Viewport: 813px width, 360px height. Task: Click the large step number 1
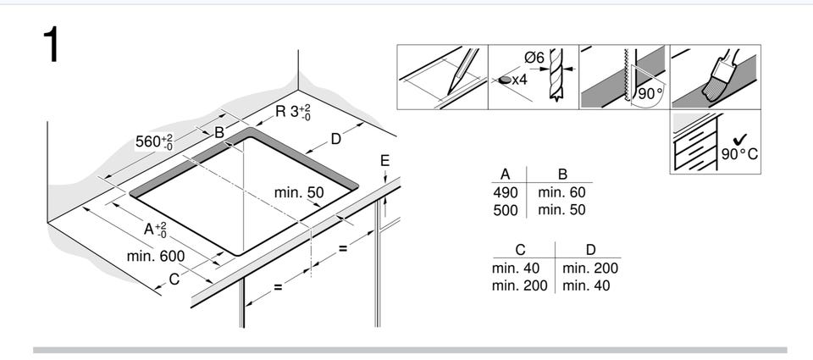(x=51, y=45)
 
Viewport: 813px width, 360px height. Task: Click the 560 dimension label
(x=154, y=141)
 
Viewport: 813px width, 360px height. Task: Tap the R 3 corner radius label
(x=293, y=112)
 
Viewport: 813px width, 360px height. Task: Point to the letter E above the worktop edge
(x=384, y=161)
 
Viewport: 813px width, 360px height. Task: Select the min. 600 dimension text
(x=156, y=256)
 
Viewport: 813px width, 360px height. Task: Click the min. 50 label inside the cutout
(x=299, y=192)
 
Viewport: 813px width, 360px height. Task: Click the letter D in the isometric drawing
(x=336, y=139)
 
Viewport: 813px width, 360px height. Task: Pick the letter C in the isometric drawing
(x=174, y=279)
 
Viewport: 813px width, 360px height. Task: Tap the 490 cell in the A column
(x=506, y=192)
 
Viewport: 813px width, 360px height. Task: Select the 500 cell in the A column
(x=506, y=210)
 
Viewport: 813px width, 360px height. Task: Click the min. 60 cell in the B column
(x=561, y=192)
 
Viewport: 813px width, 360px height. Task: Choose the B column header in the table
(x=562, y=174)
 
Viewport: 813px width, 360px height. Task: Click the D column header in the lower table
(x=590, y=250)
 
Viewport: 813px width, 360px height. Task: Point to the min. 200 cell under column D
(x=590, y=269)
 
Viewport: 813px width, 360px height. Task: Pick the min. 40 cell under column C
(x=516, y=269)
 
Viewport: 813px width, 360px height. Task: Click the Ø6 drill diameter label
(x=534, y=58)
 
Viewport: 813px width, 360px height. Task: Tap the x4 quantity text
(x=519, y=80)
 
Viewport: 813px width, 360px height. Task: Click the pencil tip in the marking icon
(x=449, y=94)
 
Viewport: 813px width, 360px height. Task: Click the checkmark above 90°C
(x=740, y=139)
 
